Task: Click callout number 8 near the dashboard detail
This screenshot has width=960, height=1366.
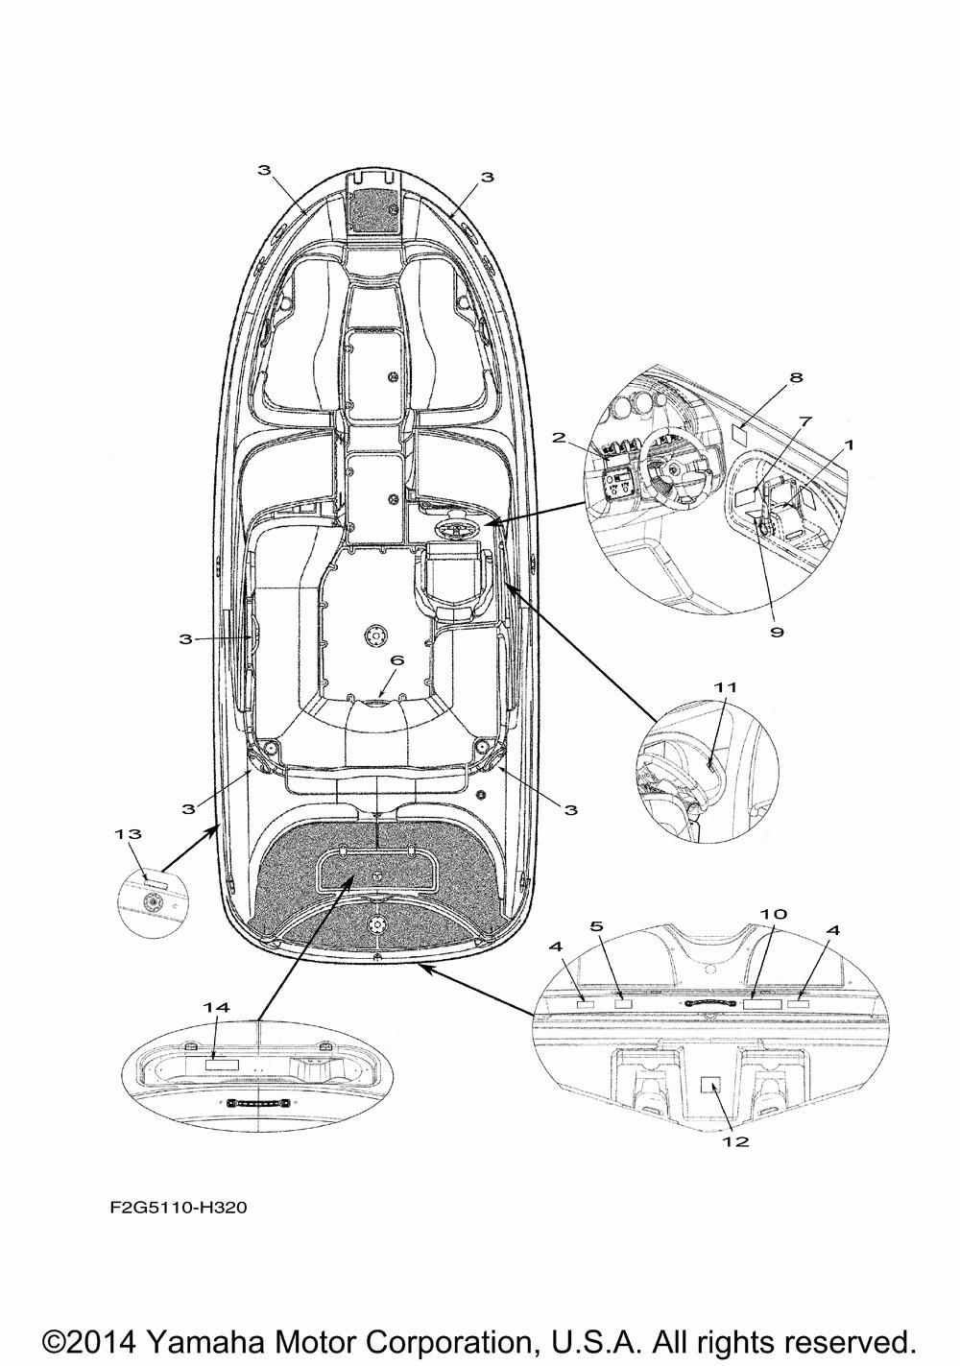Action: (x=795, y=377)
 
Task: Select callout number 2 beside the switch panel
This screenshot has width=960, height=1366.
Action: (x=559, y=438)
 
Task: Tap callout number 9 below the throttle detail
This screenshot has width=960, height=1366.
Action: (x=777, y=631)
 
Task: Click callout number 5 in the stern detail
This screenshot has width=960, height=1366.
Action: (x=596, y=926)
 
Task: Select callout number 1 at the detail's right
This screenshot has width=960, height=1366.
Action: (x=848, y=445)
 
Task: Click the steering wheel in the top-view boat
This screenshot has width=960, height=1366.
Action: (x=454, y=529)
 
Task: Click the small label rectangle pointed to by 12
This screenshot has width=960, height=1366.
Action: (x=711, y=1085)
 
